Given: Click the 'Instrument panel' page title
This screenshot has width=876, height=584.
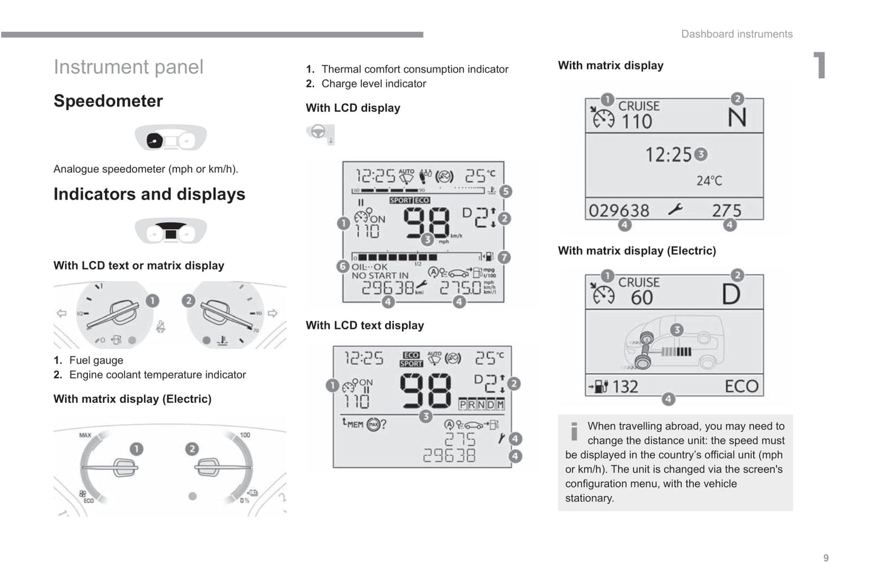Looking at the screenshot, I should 129,67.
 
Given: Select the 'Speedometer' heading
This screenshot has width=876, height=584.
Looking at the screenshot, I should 108,101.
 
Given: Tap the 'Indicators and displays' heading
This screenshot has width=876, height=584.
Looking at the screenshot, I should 149,194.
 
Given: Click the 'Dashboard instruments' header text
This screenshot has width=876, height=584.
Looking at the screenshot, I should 737,34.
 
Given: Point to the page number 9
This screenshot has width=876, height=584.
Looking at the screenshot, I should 826,558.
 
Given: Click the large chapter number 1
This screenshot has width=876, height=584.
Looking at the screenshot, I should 819,65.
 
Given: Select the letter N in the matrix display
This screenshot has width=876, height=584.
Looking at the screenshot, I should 737,118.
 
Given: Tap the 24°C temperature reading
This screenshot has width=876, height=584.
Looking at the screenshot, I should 709,181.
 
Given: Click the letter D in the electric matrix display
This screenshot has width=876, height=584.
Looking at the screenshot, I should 731,294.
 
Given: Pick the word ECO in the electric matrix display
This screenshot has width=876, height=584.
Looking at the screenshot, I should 741,386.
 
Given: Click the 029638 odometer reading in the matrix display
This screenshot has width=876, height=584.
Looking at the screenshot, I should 619,211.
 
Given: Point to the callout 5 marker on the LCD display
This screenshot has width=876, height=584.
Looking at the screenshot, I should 505,191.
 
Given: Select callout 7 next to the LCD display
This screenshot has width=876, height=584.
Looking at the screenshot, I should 504,257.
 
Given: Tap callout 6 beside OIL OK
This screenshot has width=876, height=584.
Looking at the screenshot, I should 343,266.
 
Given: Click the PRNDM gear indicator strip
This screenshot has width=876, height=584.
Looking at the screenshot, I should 481,404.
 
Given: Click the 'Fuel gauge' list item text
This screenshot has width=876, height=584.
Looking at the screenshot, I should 96,360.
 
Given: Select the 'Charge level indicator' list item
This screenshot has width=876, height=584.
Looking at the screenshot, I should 373,84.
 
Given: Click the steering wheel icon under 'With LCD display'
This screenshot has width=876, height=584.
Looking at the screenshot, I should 318,132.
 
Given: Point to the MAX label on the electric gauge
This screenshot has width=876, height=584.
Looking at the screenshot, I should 85,435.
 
